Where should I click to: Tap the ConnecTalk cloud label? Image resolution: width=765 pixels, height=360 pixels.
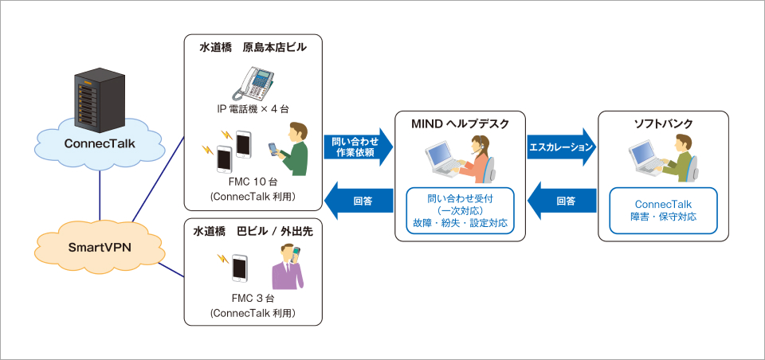98,144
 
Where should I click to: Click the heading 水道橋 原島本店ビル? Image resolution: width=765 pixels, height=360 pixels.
253,49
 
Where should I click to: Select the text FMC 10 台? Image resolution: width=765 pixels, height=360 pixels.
253,182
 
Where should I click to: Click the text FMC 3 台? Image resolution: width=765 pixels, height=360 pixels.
253,299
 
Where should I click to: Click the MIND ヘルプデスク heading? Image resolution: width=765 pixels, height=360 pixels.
455,124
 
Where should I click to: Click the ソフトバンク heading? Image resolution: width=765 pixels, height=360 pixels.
663,124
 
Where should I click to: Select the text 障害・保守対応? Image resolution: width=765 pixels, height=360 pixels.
663,216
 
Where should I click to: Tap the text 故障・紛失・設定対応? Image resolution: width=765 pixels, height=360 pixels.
455,223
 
